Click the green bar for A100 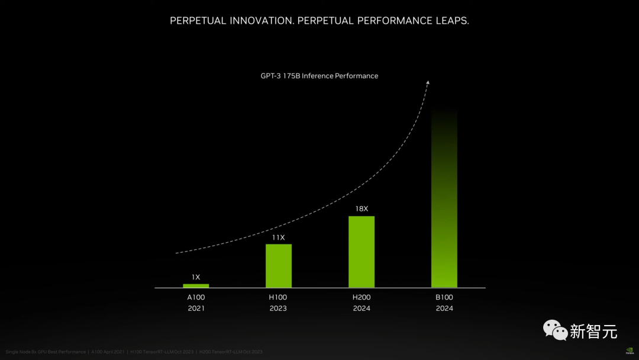196,286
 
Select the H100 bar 279,266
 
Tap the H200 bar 362,252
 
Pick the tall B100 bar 444,201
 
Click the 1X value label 196,277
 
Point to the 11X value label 278,237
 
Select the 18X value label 362,209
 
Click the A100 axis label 196,297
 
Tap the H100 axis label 278,297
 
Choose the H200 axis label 362,297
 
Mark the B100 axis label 444,297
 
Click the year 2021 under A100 196,308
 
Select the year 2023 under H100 278,308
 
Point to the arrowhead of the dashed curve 428,82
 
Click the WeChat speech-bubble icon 555,330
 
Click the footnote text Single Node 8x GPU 30,352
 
